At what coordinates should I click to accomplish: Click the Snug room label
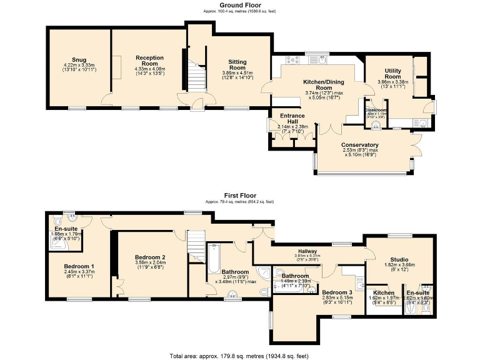pos(79,59)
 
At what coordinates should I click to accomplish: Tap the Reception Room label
pos(149,61)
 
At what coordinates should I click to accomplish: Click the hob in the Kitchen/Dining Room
pos(293,61)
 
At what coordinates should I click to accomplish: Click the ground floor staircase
pos(199,77)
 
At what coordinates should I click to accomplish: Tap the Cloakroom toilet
pos(376,125)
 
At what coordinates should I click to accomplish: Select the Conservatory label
pos(360,145)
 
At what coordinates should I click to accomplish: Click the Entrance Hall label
pos(291,119)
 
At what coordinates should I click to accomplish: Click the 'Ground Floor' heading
pos(240,5)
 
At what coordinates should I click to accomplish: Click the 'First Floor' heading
pos(240,196)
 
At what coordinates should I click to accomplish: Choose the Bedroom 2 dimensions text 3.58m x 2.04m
pos(150,263)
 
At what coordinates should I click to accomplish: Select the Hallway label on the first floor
pos(307,250)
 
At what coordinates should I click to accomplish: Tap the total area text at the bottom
pos(240,355)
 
